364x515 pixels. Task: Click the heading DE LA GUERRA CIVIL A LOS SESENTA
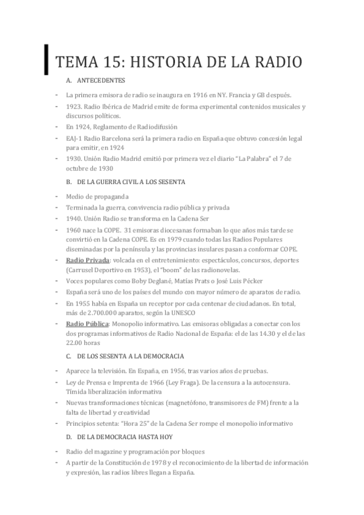pyautogui.click(x=131, y=182)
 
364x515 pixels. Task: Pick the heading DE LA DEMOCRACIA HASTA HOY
pyautogui.click(x=126, y=437)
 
